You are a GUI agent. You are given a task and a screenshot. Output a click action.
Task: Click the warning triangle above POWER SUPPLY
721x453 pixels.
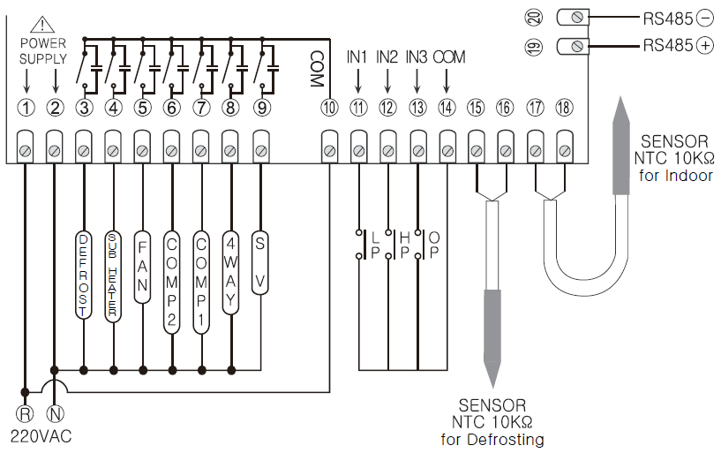point(41,26)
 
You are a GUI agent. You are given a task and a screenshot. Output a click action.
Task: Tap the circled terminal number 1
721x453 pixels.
point(26,108)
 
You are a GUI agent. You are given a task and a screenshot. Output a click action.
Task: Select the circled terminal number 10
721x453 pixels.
point(329,108)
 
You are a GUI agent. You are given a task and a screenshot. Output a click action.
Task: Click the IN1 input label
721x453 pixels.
point(357,57)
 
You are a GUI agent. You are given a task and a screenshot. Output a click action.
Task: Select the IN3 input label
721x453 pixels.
point(417,57)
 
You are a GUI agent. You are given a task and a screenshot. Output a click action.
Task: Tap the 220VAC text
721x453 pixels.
point(41,435)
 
